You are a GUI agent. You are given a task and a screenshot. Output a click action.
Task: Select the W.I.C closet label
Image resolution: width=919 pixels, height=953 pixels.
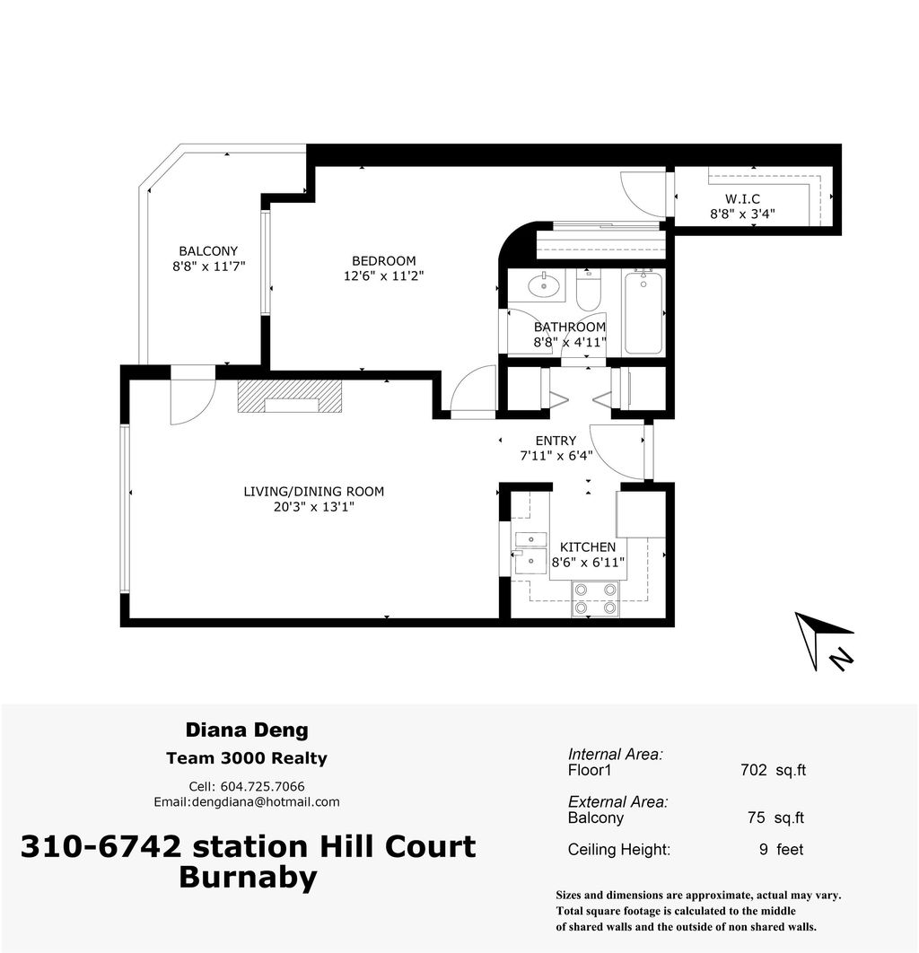742,198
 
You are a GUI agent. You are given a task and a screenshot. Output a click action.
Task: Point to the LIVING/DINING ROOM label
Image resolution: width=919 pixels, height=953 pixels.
314,491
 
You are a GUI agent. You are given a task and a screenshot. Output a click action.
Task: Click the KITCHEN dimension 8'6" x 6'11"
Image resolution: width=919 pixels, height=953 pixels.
588,563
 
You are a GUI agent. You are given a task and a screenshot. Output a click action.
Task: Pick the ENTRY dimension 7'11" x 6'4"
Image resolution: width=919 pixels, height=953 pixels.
556,456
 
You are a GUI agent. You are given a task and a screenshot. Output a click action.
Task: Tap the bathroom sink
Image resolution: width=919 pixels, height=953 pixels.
544,286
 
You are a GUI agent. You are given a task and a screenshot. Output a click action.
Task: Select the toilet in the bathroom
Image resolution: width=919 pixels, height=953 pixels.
589,292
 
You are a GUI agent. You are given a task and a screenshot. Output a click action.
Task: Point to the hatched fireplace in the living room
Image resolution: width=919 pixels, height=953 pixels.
290,396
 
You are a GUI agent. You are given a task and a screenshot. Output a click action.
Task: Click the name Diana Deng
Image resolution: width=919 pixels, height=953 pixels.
246,730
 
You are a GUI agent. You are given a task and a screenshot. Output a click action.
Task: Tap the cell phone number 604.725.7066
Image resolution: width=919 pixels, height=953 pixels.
267,786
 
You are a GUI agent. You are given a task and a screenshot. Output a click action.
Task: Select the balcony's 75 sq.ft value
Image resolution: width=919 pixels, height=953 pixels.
775,817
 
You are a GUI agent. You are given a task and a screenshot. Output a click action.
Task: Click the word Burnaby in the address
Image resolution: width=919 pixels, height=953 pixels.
248,877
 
